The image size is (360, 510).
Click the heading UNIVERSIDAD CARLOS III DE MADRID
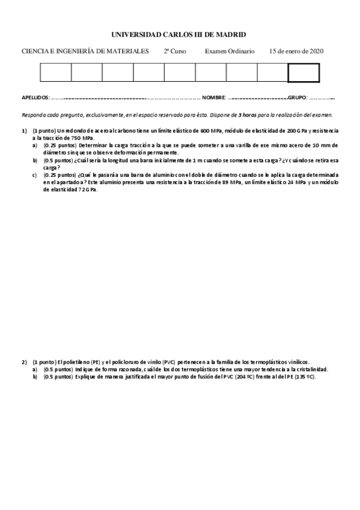180,35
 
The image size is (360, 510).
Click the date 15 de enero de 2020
297,52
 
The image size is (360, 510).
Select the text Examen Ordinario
230,52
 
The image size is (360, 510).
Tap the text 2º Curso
175,52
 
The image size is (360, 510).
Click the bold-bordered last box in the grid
304,72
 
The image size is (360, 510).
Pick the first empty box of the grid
55,72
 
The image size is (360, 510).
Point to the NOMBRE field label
213,97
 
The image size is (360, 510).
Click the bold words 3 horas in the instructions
246,114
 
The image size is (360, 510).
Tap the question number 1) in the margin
25,131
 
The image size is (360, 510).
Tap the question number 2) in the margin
25,361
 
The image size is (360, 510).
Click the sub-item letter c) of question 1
35,175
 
